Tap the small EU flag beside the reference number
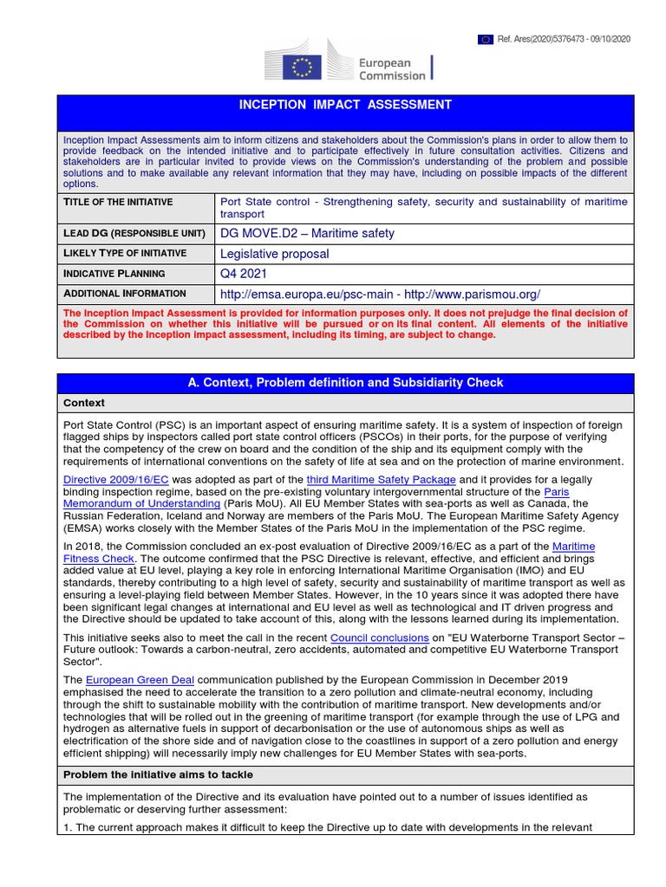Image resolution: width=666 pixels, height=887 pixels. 485,39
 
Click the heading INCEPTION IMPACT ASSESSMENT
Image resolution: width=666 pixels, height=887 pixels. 345,105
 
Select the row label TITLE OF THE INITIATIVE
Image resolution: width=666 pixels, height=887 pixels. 118,202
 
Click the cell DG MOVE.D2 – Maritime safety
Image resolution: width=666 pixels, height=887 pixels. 307,233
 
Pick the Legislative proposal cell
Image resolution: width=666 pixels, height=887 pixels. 275,254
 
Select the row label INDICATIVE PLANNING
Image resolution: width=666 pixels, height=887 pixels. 114,273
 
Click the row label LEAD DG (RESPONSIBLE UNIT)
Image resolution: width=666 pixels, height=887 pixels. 134,233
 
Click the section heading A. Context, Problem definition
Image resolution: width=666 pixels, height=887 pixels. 345,382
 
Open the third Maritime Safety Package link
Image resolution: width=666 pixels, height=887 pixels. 381,479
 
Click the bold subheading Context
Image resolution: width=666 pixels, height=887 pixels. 84,403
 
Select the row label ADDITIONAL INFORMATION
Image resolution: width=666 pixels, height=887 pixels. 125,294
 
